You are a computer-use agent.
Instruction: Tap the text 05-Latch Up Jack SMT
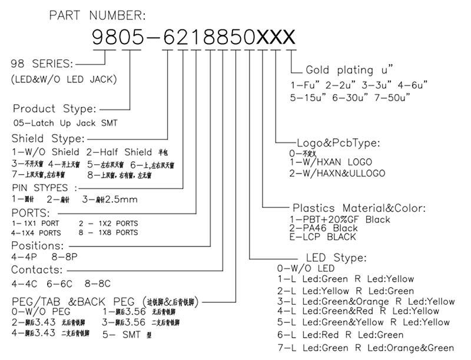(x=65, y=123)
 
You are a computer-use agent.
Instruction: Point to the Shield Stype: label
(x=48, y=139)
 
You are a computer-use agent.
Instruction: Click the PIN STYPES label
(x=44, y=188)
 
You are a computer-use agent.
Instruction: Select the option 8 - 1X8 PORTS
(x=108, y=232)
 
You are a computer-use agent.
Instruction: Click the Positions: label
(x=37, y=246)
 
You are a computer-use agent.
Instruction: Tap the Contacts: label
(x=37, y=270)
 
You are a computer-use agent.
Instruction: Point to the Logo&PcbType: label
(x=338, y=142)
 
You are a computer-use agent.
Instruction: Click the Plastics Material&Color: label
(x=359, y=208)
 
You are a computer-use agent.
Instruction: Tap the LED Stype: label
(x=336, y=258)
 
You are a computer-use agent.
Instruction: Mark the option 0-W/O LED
(x=301, y=269)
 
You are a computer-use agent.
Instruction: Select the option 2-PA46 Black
(x=323, y=228)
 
